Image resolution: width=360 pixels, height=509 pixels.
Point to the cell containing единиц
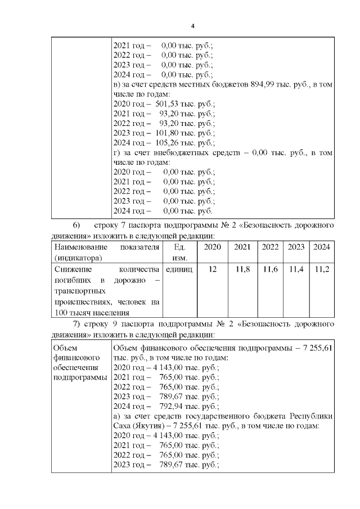coord(179,269)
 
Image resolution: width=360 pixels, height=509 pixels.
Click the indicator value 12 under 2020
coord(212,269)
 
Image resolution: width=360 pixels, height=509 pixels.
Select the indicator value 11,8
coord(242,269)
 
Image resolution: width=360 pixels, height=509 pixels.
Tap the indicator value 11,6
coord(271,269)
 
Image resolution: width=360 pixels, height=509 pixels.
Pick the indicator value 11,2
coord(321,269)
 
